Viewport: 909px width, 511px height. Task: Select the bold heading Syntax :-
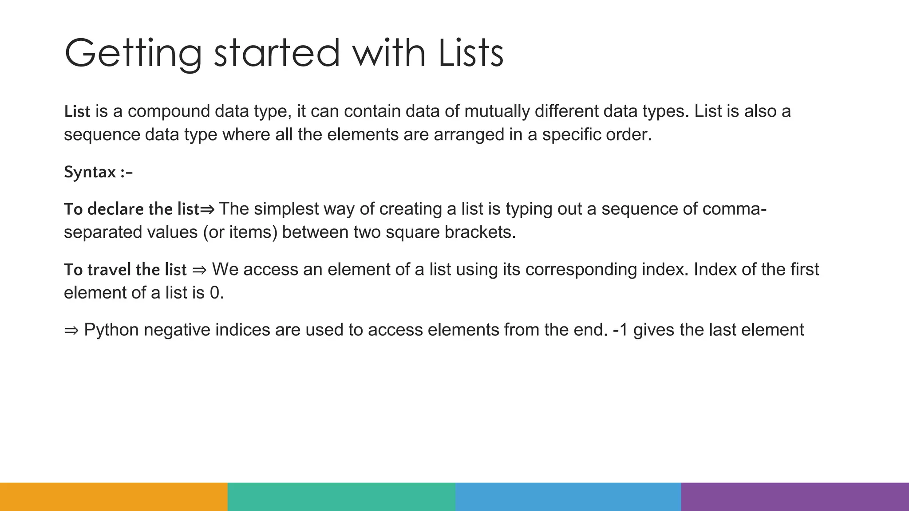point(98,172)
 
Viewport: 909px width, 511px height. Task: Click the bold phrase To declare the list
point(132,209)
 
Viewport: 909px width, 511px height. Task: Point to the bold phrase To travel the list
point(125,270)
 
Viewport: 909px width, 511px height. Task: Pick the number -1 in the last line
point(620,330)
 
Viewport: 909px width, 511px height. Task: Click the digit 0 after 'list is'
point(215,293)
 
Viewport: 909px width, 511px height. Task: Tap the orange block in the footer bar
point(114,497)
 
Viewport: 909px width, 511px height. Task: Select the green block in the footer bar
point(341,497)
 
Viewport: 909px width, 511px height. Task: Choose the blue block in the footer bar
point(568,497)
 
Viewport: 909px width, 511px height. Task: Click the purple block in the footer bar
point(795,497)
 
